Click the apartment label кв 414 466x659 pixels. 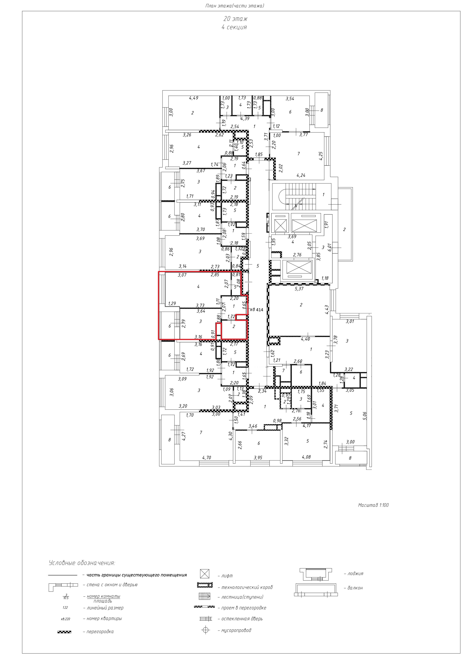[x=257, y=310]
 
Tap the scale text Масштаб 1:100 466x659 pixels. [x=373, y=505]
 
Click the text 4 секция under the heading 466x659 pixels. [x=234, y=27]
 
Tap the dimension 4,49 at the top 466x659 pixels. [x=194, y=98]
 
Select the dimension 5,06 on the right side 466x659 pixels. [x=365, y=415]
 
